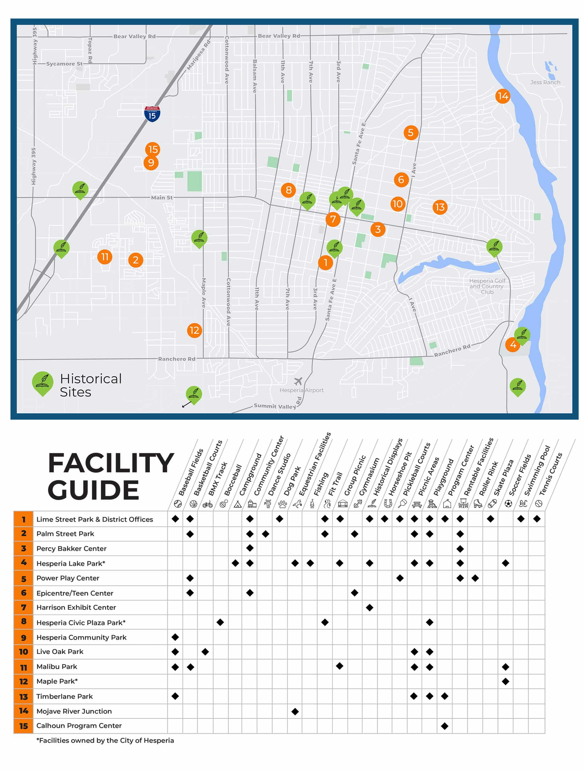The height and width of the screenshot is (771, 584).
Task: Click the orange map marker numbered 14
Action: pos(503,96)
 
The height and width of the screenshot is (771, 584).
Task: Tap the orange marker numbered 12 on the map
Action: pos(194,330)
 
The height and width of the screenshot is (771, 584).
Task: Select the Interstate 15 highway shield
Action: pos(152,114)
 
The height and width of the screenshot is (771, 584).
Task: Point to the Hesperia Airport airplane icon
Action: pos(298,381)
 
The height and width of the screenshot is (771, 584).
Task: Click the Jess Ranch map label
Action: pos(545,82)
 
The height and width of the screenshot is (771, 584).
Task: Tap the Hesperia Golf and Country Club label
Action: pos(487,286)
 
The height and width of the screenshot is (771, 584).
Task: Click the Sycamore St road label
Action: pos(64,64)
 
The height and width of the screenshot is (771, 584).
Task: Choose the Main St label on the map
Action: pos(161,198)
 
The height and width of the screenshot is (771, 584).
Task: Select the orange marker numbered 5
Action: pos(411,132)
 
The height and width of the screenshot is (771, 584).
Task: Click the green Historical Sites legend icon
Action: pos(42,384)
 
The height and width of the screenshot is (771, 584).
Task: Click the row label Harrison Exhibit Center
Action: pos(76,608)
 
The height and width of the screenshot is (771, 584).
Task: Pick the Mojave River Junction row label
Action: pos(74,711)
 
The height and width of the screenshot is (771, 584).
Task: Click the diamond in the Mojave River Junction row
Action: pos(295,712)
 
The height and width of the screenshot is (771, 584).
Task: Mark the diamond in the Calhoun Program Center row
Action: pos(444,726)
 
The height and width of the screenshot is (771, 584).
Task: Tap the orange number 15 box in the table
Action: pos(23,726)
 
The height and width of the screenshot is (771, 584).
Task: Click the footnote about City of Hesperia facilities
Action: pos(105,741)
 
